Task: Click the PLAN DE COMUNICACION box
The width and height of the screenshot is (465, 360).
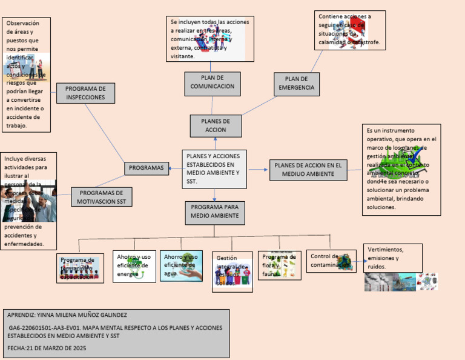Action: pyautogui.click(x=212, y=84)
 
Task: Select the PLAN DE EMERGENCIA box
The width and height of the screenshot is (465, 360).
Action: pyautogui.click(x=296, y=84)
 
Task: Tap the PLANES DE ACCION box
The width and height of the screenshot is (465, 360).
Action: pyautogui.click(x=216, y=126)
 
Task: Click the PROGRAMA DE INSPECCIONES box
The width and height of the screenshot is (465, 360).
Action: pyautogui.click(x=85, y=93)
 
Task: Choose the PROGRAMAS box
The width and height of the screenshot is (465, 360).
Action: pyautogui.click(x=147, y=168)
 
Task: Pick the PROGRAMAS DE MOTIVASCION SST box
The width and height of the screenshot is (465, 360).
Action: pyautogui.click(x=101, y=198)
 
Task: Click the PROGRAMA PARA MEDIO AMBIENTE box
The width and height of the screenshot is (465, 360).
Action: pyautogui.click(x=215, y=213)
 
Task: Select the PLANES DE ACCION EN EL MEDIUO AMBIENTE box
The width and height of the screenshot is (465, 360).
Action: pyautogui.click(x=308, y=169)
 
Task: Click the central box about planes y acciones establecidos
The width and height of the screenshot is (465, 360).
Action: pyautogui.click(x=214, y=168)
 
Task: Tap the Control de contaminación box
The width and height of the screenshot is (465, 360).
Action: pyautogui.click(x=331, y=261)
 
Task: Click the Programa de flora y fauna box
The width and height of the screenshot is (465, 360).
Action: pyautogui.click(x=279, y=265)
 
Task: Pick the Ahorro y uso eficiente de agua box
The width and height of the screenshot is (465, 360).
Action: pyautogui.click(x=181, y=265)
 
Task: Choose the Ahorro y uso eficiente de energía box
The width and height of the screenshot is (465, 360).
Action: pyautogui.click(x=133, y=266)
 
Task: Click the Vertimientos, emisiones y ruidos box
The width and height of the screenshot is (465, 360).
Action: pyautogui.click(x=392, y=258)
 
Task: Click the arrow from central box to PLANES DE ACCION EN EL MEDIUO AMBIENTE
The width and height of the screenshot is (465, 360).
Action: pyautogui.click(x=259, y=170)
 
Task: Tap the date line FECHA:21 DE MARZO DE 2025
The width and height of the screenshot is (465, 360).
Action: pyautogui.click(x=47, y=348)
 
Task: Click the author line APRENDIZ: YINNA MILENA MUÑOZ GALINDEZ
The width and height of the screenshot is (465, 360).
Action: pyautogui.click(x=67, y=315)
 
